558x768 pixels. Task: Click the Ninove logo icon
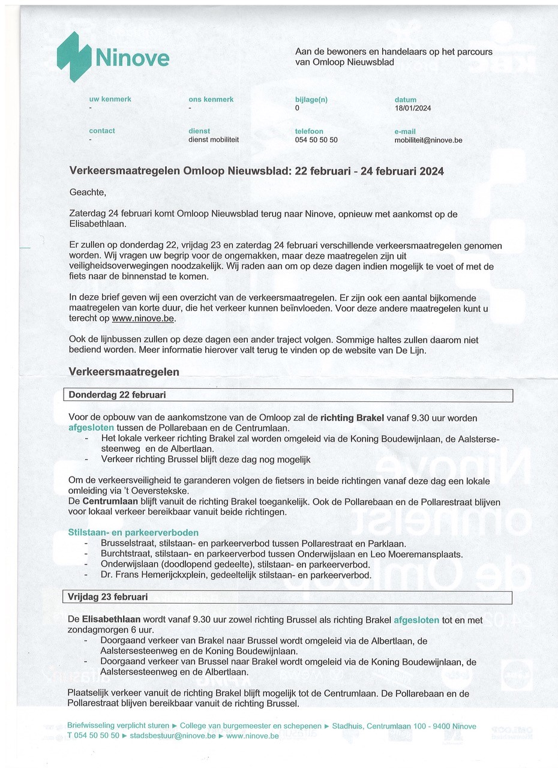[x=73, y=56]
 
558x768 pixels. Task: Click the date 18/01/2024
[x=412, y=109]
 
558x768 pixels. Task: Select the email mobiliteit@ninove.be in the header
[x=428, y=140]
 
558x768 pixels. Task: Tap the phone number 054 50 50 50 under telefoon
[x=316, y=140]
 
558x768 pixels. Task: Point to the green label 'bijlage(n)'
[x=311, y=100]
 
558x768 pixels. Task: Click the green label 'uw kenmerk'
[x=110, y=99]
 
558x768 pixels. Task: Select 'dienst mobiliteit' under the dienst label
[x=214, y=139]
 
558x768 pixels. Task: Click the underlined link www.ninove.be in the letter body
[x=143, y=319]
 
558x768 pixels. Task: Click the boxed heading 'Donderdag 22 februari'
[x=118, y=395]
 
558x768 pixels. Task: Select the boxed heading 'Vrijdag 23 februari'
[x=108, y=597]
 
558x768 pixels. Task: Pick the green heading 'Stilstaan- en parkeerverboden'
[x=133, y=532]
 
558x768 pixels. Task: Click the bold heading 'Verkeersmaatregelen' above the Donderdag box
[x=124, y=372]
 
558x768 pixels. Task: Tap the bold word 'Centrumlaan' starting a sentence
[x=110, y=501]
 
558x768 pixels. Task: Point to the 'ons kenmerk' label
[x=211, y=100]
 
